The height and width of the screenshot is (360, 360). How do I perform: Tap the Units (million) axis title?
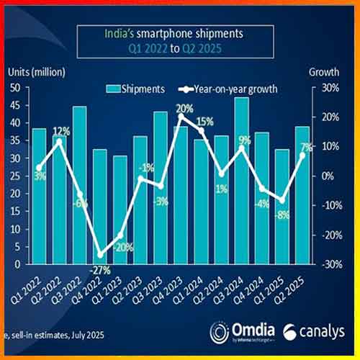(x=37, y=72)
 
